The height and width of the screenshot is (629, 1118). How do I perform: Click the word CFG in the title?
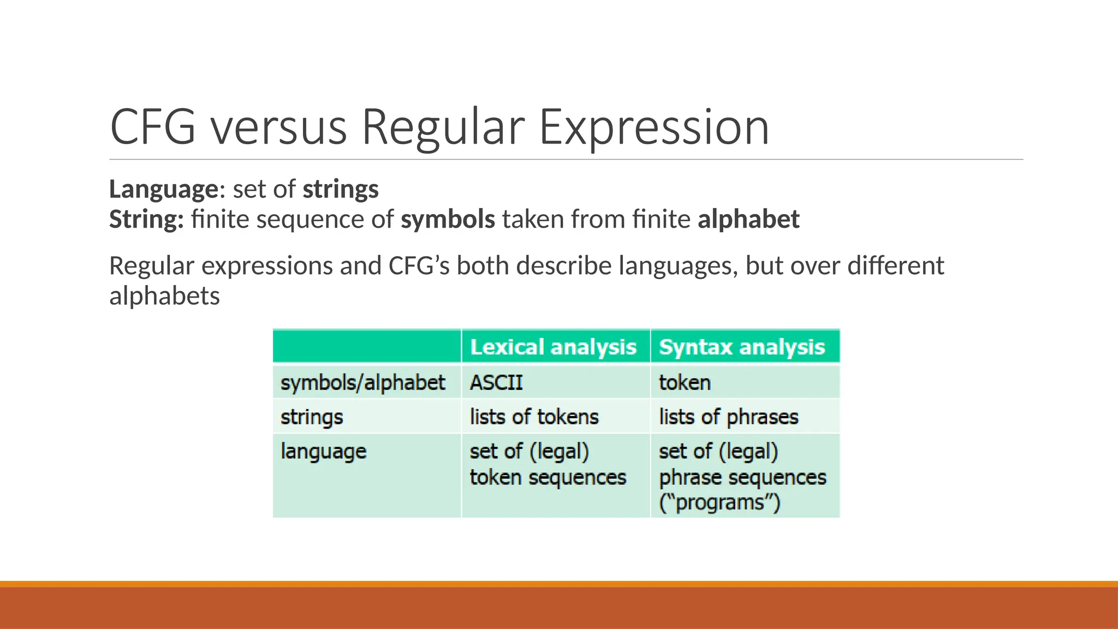(152, 127)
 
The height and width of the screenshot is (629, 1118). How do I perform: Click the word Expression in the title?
(654, 127)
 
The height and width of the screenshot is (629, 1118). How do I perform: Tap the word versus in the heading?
(279, 127)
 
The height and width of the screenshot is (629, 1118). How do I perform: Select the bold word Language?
(164, 189)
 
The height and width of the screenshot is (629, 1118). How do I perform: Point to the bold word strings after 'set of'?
(341, 189)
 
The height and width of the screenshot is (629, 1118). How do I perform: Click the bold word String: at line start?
(146, 219)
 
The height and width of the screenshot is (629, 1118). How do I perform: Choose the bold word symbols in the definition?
(448, 219)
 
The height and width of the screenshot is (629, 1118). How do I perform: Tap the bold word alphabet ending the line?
(748, 219)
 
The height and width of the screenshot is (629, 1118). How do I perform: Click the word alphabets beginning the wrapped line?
(164, 296)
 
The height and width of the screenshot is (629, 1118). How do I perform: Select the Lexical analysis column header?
(553, 347)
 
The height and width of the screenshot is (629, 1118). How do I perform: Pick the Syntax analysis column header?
(742, 347)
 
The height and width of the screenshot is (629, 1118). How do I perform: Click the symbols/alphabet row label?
(362, 382)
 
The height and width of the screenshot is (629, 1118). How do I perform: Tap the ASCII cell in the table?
(496, 382)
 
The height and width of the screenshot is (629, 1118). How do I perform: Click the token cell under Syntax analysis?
(685, 382)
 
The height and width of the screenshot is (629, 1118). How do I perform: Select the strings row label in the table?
(312, 417)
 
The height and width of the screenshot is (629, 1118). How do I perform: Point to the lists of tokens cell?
(534, 417)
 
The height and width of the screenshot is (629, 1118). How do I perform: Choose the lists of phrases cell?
(728, 417)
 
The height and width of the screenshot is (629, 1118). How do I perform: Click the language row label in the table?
(323, 452)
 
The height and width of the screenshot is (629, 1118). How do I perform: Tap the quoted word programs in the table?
(720, 502)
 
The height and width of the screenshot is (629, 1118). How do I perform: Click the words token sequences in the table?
(548, 478)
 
